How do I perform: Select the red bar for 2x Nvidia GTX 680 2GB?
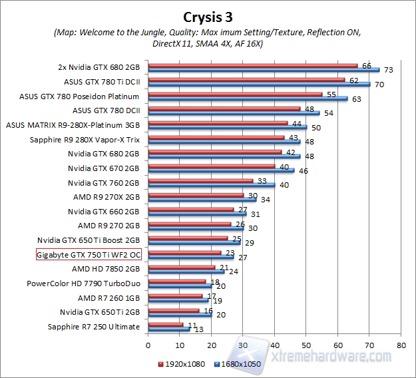(x=253, y=65)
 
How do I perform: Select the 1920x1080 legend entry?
(x=182, y=365)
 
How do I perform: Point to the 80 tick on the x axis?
(x=400, y=346)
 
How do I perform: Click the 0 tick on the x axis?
(x=148, y=346)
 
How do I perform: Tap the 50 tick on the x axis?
(x=306, y=346)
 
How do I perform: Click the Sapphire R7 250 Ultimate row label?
(x=94, y=326)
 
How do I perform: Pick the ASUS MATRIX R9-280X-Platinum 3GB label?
(x=73, y=124)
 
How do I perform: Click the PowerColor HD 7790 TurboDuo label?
(x=83, y=283)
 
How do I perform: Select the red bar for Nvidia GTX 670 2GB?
(x=211, y=166)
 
